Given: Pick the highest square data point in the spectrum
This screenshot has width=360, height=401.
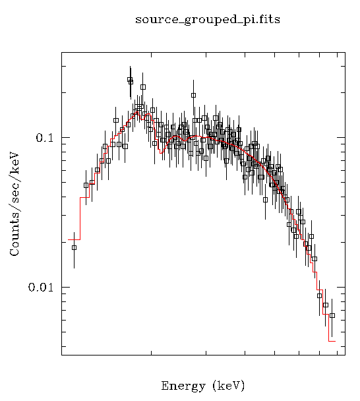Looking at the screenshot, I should pyautogui.click(x=130, y=80).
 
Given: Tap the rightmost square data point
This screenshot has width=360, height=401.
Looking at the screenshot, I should pyautogui.click(x=332, y=315).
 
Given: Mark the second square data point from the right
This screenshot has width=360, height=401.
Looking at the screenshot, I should pyautogui.click(x=326, y=305).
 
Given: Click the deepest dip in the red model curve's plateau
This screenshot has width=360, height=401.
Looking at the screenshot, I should pyautogui.click(x=162, y=152).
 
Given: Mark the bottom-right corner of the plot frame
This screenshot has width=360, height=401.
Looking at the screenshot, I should pyautogui.click(x=345, y=355).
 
